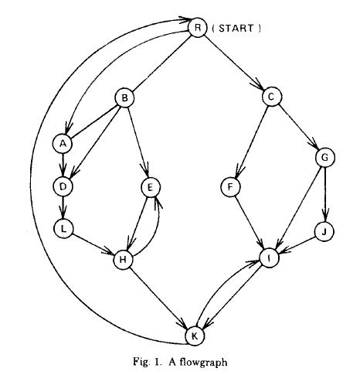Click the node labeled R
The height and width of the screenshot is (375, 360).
(x=198, y=28)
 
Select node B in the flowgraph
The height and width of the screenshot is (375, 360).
(x=124, y=98)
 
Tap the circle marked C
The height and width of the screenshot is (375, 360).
(x=272, y=97)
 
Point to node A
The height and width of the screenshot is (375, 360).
(x=63, y=144)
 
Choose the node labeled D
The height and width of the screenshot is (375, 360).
(x=63, y=186)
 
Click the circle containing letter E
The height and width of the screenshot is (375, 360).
(x=151, y=187)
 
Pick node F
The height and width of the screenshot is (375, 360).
(x=230, y=187)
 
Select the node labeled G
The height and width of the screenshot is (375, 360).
(x=325, y=158)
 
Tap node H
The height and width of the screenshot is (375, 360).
(x=124, y=259)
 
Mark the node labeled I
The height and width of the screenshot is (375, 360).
(x=270, y=258)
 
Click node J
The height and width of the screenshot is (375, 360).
(x=324, y=232)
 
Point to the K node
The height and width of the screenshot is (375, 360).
(x=195, y=336)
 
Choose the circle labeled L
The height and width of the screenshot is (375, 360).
(x=63, y=229)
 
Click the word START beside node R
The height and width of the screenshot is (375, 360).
(x=236, y=28)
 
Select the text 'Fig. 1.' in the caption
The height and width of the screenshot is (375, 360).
(x=148, y=361)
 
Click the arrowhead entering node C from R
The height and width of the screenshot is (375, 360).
(x=260, y=86)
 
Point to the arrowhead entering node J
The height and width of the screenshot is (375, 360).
(x=325, y=216)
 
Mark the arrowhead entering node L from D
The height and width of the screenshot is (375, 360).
(x=63, y=213)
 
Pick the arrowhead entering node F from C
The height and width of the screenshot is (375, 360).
(x=239, y=172)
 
